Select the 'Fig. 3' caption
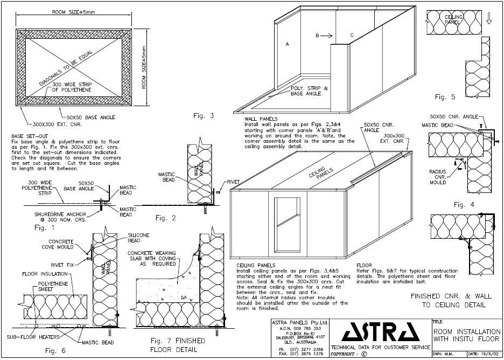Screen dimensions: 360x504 click(x=204, y=115)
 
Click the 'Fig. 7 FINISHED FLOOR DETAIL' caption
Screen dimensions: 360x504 click(x=172, y=345)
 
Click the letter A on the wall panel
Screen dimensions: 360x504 click(x=287, y=45)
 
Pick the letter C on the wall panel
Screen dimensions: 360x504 click(x=352, y=35)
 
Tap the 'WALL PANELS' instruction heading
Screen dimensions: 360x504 click(x=261, y=119)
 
